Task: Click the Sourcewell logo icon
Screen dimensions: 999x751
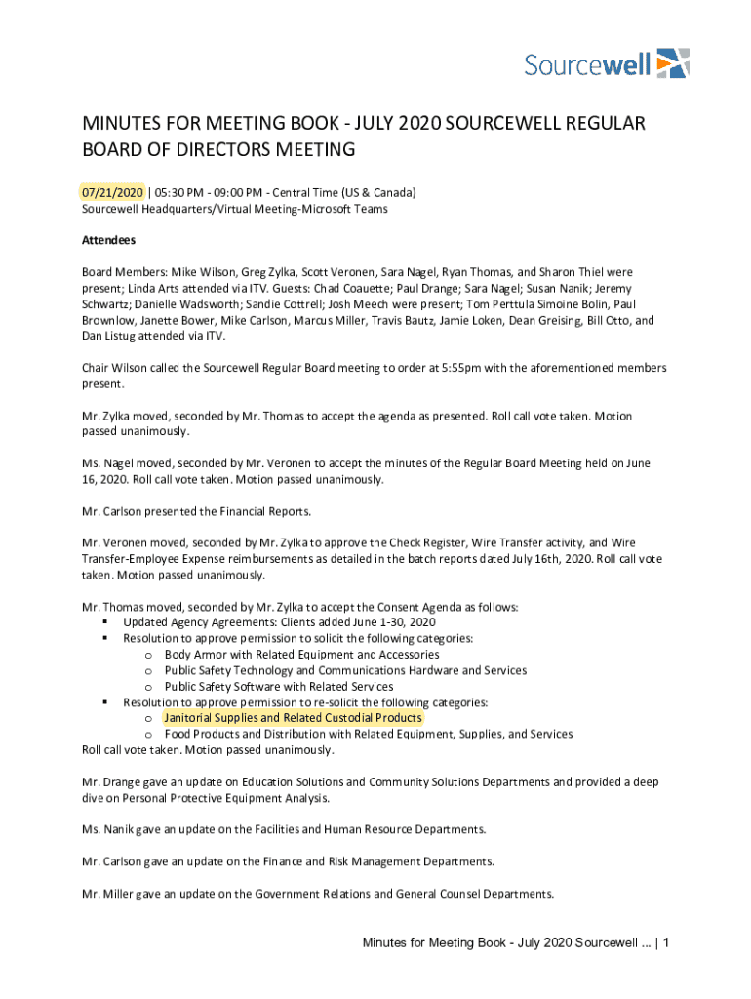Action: [673, 62]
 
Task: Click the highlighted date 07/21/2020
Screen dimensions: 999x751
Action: [112, 192]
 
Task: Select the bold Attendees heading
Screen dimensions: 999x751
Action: [108, 240]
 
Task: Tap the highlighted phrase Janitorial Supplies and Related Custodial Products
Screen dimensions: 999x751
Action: [294, 718]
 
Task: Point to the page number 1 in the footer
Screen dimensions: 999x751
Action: [663, 942]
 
